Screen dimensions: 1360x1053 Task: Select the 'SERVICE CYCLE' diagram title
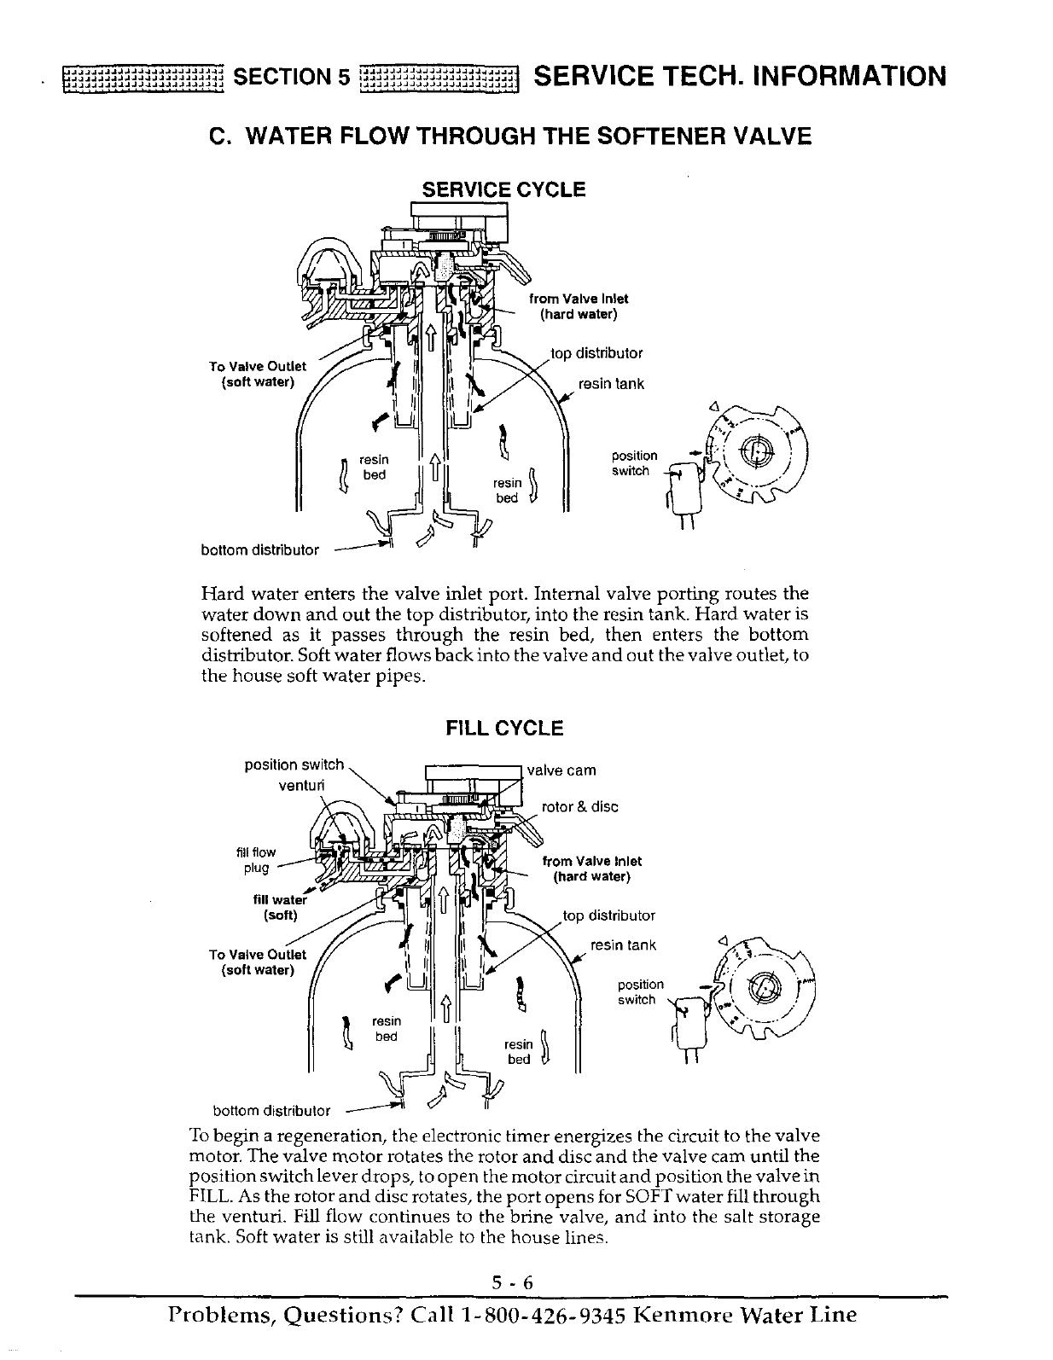pyautogui.click(x=504, y=189)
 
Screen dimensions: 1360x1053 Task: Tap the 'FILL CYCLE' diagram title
pyautogui.click(x=505, y=728)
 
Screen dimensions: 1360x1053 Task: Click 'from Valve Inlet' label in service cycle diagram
pyautogui.click(x=579, y=299)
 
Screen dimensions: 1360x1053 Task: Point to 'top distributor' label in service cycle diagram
pyautogui.click(x=596, y=353)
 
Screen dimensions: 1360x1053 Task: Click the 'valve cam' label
pyautogui.click(x=561, y=770)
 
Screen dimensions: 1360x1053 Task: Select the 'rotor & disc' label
pyautogui.click(x=580, y=806)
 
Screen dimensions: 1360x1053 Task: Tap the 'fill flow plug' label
pyautogui.click(x=256, y=860)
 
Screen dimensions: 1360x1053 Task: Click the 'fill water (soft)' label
pyautogui.click(x=279, y=907)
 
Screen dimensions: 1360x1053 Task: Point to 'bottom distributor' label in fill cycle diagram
pyautogui.click(x=271, y=1111)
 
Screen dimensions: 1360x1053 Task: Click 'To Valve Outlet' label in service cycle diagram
pyautogui.click(x=258, y=374)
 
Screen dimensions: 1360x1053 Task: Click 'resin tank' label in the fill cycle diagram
pyautogui.click(x=623, y=944)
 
